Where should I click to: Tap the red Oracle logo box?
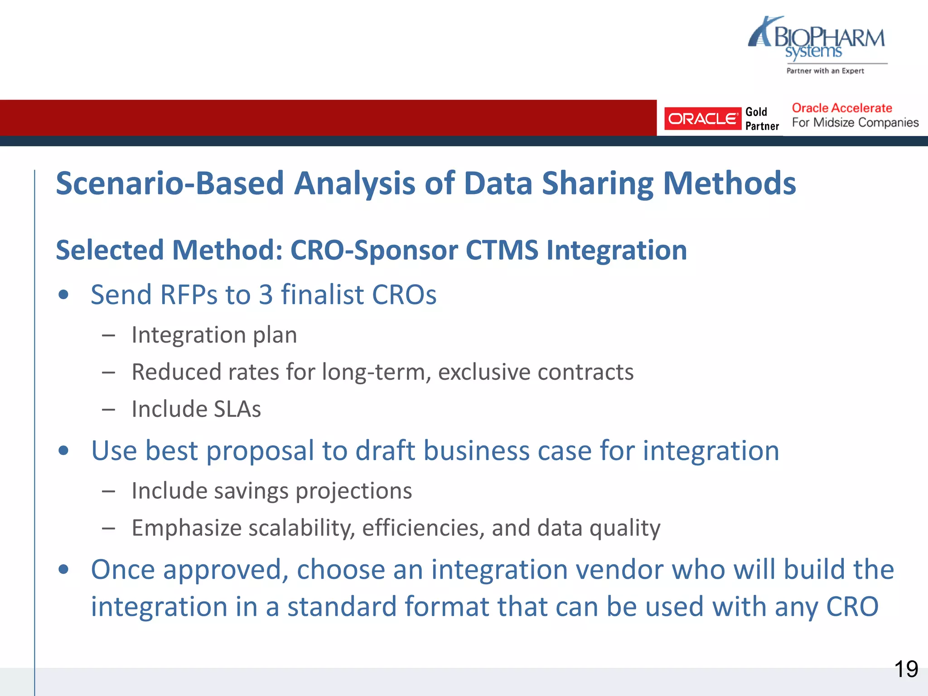(x=702, y=119)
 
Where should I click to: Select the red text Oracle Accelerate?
(x=841, y=108)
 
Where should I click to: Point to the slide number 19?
(x=906, y=669)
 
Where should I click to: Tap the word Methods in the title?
(x=729, y=184)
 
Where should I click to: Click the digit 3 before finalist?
(x=266, y=295)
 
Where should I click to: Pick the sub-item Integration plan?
(x=214, y=335)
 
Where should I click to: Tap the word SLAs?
(x=237, y=409)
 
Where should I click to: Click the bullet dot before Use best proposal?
(x=63, y=451)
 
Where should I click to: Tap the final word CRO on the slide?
(x=852, y=607)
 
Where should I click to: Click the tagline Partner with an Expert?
(x=825, y=71)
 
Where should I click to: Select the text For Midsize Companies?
(x=855, y=123)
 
